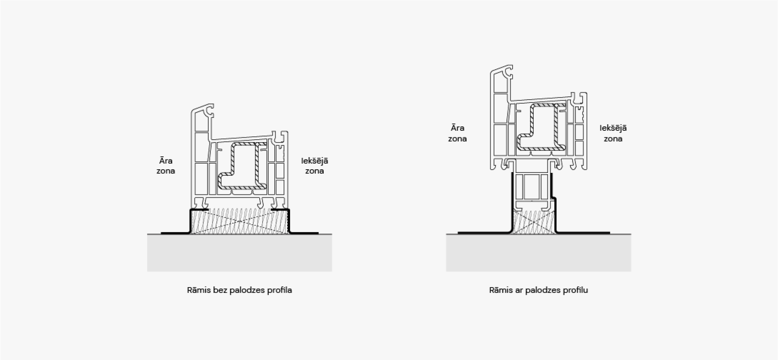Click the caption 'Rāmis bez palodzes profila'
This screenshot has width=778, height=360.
click(x=239, y=290)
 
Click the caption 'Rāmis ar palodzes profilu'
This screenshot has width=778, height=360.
click(x=539, y=290)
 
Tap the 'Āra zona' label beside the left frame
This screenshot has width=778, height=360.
click(x=166, y=166)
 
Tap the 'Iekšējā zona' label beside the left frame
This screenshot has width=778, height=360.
click(x=315, y=166)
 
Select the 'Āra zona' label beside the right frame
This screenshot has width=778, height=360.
click(x=457, y=133)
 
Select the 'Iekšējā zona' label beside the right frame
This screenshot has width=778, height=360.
click(x=613, y=133)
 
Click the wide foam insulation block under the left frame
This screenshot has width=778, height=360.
click(x=240, y=221)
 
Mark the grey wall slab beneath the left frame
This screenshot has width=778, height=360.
click(x=239, y=253)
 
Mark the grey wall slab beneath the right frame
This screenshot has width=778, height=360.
click(x=539, y=253)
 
